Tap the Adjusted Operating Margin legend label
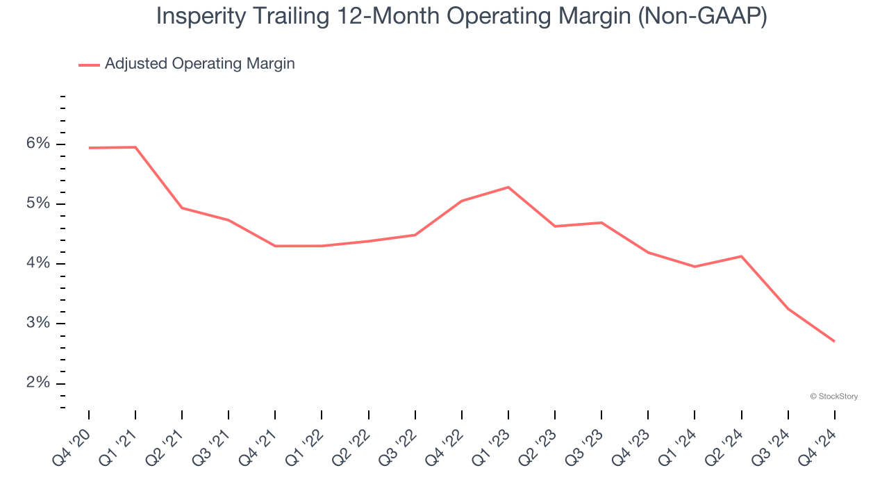[x=199, y=64]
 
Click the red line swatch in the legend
[x=89, y=65]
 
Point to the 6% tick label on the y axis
[x=39, y=144]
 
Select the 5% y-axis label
[x=39, y=203]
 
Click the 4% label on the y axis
[x=39, y=263]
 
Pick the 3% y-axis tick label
[x=39, y=323]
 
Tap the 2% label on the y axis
[x=39, y=383]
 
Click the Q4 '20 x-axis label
[x=72, y=444]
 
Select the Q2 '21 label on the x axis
[x=165, y=444]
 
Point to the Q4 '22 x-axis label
[x=444, y=444]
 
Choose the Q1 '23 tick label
[x=491, y=444]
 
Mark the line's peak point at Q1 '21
[x=135, y=147]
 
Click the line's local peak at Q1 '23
[x=508, y=187]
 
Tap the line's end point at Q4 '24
[x=834, y=341]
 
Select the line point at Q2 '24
[x=741, y=256]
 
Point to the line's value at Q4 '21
[x=275, y=246]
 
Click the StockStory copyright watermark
[x=833, y=397]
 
